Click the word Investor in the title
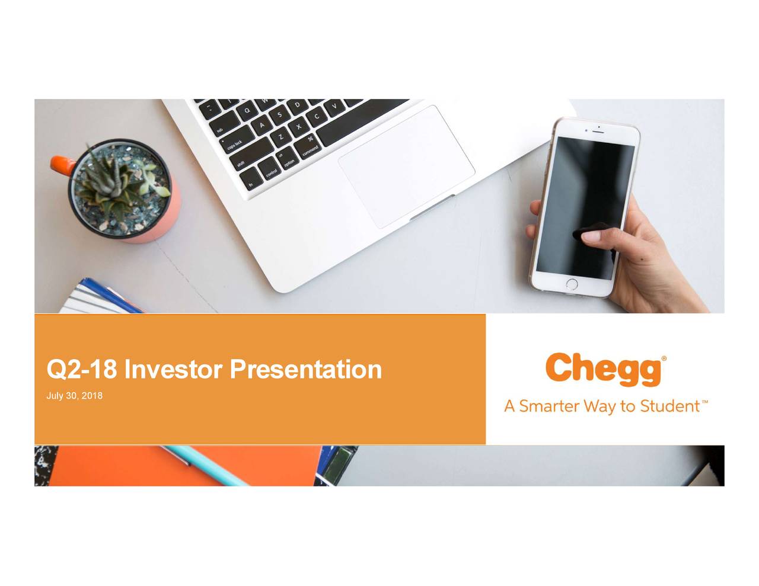coord(173,369)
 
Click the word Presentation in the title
coord(305,369)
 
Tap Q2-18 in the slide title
coord(81,370)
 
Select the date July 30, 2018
coord(74,396)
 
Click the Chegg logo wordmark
coord(603,369)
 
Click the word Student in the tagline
coord(669,406)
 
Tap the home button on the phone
coord(572,284)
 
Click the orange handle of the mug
coord(62,165)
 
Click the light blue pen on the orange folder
coord(207,465)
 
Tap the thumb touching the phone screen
coord(594,235)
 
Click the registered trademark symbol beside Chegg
coord(664,358)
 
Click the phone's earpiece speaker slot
coord(599,132)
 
